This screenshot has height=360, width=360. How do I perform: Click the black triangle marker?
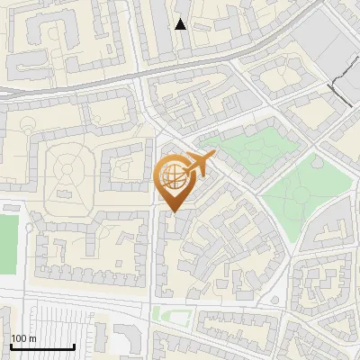pos(181,23)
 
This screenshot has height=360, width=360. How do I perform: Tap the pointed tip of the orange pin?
pos(174,211)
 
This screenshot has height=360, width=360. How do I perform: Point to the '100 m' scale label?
pos(23,338)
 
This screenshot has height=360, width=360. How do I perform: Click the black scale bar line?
pos(42,346)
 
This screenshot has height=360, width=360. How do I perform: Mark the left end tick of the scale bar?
pos(12,345)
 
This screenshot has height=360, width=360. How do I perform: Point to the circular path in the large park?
pos(316,165)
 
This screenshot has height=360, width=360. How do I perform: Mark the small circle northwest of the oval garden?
pos(30,131)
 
